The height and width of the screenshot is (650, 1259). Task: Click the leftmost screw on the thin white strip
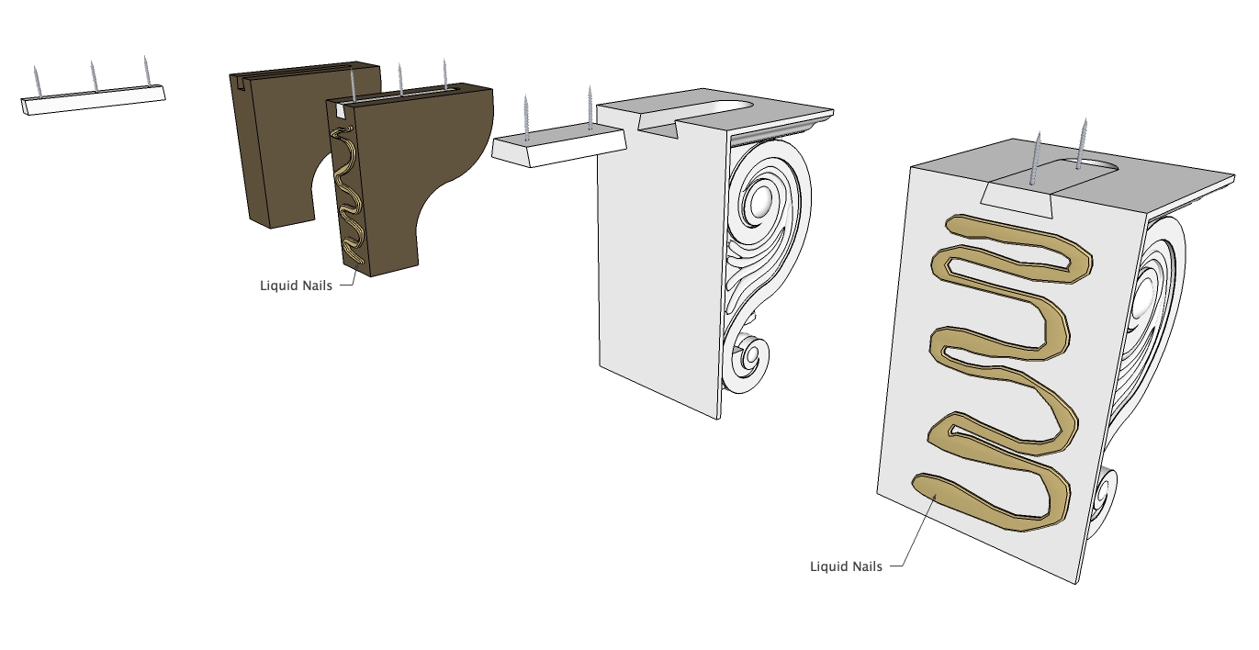point(37,82)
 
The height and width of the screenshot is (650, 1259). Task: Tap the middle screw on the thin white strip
point(94,76)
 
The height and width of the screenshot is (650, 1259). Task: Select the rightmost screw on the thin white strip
point(147,71)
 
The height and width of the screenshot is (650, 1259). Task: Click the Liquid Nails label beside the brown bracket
point(296,286)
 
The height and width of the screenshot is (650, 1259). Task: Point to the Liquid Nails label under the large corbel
point(846,566)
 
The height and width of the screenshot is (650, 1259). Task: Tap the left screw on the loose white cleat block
point(526,118)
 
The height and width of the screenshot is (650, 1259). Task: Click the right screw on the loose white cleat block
point(590,107)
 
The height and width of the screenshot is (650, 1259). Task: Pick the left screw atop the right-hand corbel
point(1035,159)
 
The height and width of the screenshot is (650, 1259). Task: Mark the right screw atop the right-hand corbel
point(1082,143)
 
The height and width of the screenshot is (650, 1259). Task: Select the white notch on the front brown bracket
point(340,112)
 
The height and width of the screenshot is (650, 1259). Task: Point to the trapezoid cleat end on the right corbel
point(1017,200)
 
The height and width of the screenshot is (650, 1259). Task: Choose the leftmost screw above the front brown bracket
point(353,84)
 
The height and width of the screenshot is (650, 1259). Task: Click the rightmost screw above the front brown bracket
point(445,73)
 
